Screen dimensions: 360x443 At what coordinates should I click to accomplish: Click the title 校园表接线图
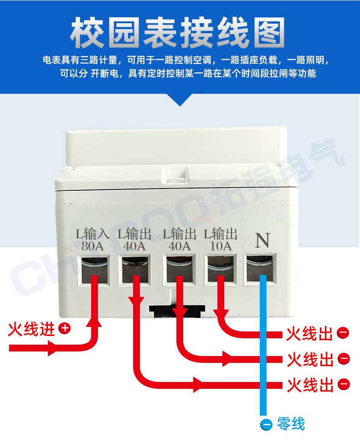(177, 32)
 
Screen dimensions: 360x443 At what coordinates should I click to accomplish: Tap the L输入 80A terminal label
(93, 239)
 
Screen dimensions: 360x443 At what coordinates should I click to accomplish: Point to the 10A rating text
(221, 246)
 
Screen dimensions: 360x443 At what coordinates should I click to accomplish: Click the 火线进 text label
(31, 329)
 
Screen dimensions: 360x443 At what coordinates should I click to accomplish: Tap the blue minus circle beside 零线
(266, 424)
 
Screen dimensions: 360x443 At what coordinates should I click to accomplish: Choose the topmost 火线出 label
(310, 334)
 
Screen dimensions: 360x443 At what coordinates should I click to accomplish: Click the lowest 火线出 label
(310, 385)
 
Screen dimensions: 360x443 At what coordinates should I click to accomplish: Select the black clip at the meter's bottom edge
(177, 311)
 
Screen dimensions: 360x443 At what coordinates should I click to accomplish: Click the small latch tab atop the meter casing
(175, 176)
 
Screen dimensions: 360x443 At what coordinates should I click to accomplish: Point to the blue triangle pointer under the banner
(180, 100)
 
